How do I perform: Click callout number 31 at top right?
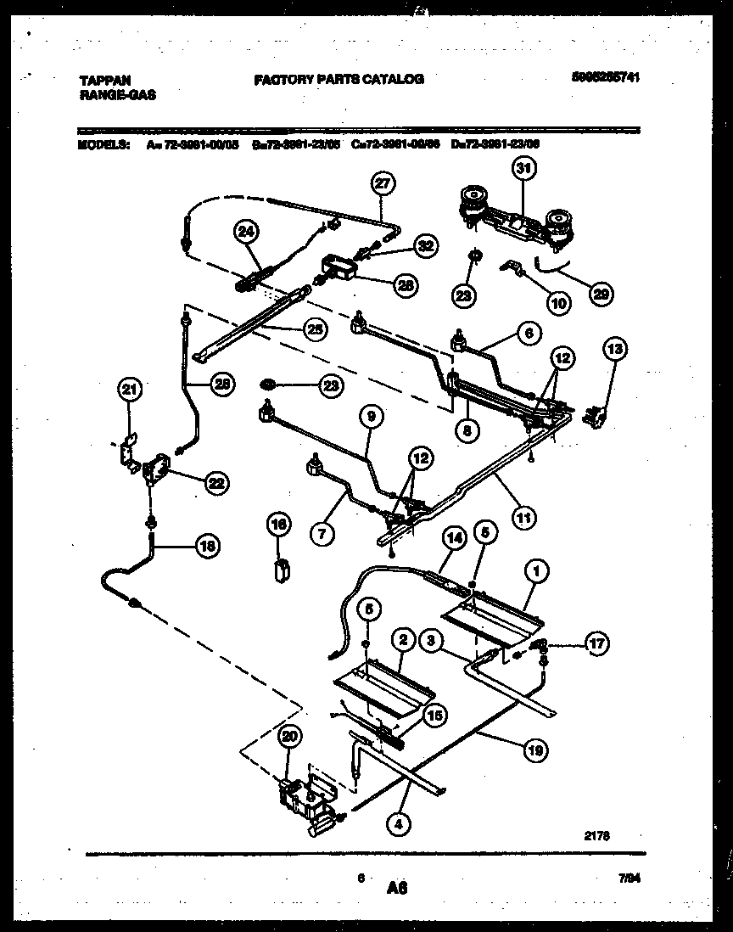[523, 169]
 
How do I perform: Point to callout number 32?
[424, 245]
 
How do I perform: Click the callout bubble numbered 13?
[614, 348]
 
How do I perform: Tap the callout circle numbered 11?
[523, 514]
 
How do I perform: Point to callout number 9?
[370, 416]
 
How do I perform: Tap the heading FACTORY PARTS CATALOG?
[338, 79]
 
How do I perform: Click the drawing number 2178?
[597, 834]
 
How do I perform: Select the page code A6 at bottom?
[397, 888]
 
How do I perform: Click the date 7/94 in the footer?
[628, 881]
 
